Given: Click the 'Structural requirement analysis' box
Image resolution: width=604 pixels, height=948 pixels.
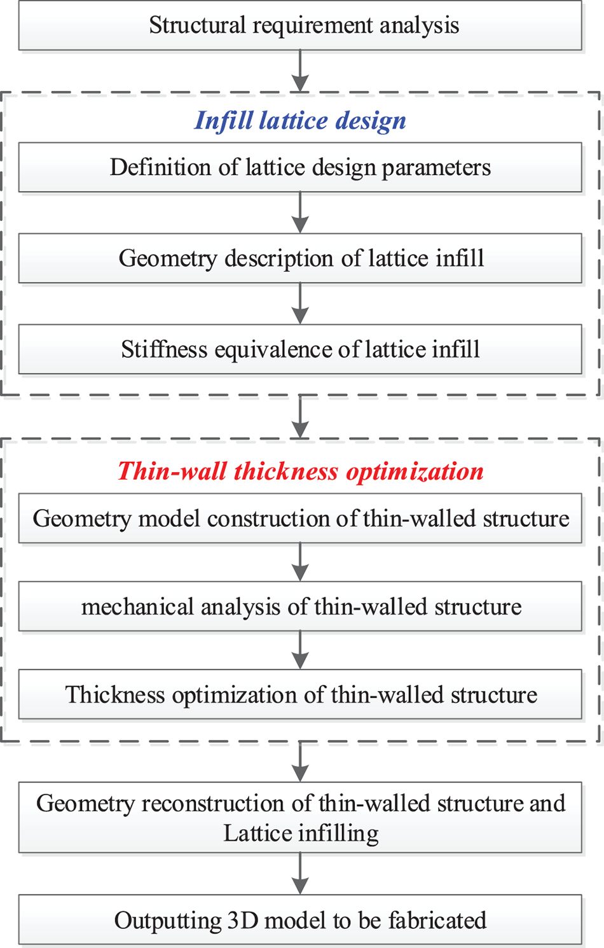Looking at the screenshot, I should pyautogui.click(x=300, y=25).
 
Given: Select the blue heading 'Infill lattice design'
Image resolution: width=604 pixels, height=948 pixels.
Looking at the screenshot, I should pyautogui.click(x=300, y=120).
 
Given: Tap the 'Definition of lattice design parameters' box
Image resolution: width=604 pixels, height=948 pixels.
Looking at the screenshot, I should pyautogui.click(x=300, y=167).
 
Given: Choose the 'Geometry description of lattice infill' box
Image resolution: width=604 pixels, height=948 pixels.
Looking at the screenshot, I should pyautogui.click(x=300, y=258).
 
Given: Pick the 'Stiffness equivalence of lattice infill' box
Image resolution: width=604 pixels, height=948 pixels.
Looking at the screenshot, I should pyautogui.click(x=300, y=349).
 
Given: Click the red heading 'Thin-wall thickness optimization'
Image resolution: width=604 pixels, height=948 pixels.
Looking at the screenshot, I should pyautogui.click(x=300, y=471).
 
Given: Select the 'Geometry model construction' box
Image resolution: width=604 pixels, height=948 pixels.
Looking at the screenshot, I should pyautogui.click(x=300, y=519).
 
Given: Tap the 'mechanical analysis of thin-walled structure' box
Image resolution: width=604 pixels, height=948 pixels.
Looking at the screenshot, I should pyautogui.click(x=300, y=606).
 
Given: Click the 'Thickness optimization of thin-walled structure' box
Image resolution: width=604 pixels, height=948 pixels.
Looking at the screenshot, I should pyautogui.click(x=300, y=694).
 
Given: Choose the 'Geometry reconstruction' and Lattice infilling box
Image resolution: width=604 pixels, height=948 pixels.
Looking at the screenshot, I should pyautogui.click(x=300, y=818).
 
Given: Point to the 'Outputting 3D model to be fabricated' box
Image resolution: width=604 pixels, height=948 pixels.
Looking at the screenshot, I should pyautogui.click(x=300, y=920).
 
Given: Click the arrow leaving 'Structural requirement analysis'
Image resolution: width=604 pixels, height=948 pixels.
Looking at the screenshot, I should pyautogui.click(x=300, y=71).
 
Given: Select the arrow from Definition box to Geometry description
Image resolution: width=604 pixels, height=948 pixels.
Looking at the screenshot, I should pyautogui.click(x=300, y=213).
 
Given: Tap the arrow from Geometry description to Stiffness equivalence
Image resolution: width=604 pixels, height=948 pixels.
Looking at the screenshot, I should pyautogui.click(x=300, y=303).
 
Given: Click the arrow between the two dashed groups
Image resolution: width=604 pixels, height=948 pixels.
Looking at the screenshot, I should pyautogui.click(x=300, y=417).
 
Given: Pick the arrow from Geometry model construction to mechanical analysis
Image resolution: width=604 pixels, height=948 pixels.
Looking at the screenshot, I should pyautogui.click(x=300, y=562).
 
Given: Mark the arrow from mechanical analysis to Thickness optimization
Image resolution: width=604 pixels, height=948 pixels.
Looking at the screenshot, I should pyautogui.click(x=300, y=650).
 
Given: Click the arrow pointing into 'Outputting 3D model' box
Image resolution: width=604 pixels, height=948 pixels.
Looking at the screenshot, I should pyautogui.click(x=300, y=874).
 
